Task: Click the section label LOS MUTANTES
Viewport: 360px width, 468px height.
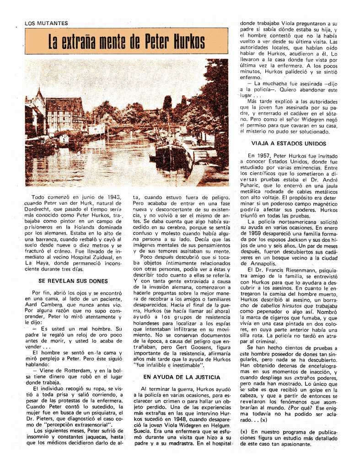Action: (x=46, y=23)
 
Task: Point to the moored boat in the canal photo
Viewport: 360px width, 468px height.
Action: (x=172, y=155)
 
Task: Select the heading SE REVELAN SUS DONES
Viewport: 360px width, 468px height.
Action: (x=73, y=281)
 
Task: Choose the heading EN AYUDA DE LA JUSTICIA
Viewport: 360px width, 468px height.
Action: (x=182, y=377)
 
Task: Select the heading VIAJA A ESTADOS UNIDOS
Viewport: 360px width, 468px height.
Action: (x=288, y=144)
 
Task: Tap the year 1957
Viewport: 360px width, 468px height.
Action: (x=268, y=155)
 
